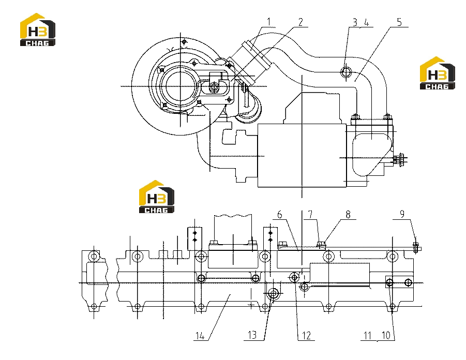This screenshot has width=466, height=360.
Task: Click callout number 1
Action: (x=269, y=22)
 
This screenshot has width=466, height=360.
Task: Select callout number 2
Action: (x=300, y=22)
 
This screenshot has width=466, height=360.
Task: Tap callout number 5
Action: (x=399, y=22)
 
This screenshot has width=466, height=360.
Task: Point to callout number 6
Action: (x=280, y=214)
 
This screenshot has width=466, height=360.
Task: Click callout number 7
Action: (x=310, y=214)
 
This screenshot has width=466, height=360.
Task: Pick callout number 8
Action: (x=348, y=214)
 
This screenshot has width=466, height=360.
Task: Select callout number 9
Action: (x=402, y=214)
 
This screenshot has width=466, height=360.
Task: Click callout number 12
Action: (x=306, y=336)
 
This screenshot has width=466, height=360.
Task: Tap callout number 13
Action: (x=252, y=335)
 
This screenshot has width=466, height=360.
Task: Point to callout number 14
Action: (x=200, y=336)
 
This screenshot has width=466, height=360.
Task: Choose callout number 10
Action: (x=386, y=335)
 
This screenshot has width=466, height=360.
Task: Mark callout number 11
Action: (x=368, y=335)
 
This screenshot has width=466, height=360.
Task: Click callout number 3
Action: (x=355, y=22)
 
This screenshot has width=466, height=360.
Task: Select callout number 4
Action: (x=367, y=22)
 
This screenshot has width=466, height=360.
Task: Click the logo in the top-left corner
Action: (x=38, y=29)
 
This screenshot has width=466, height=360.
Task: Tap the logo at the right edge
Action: (x=438, y=73)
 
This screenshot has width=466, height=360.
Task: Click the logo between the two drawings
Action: (x=157, y=197)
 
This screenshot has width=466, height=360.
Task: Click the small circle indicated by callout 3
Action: (x=346, y=72)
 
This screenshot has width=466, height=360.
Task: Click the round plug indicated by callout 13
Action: (x=273, y=294)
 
